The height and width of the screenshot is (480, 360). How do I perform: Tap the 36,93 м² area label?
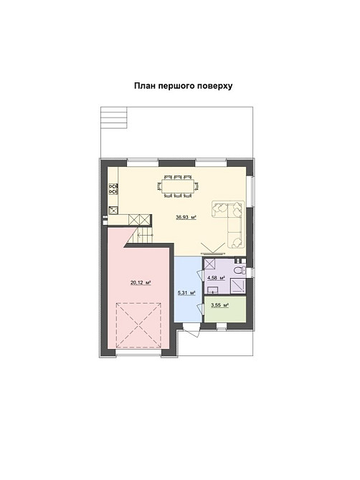(186, 218)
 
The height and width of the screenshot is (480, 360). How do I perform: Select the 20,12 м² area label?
(141, 282)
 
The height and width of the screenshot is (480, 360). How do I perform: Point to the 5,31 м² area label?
(186, 293)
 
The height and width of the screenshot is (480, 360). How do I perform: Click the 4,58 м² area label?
(217, 278)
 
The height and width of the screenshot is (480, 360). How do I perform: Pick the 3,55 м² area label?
(219, 305)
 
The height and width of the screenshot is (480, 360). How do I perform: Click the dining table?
(178, 186)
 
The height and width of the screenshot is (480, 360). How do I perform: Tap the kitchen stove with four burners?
(113, 189)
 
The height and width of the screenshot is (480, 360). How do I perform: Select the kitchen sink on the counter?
(114, 210)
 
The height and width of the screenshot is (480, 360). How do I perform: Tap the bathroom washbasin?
(212, 289)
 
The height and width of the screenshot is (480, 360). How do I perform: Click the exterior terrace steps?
(114, 117)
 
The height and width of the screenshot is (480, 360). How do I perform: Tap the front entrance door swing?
(191, 330)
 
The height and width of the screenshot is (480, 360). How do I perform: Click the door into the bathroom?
(200, 274)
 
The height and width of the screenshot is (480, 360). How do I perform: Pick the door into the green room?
(200, 308)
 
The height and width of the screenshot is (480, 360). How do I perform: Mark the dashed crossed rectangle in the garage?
(138, 325)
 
